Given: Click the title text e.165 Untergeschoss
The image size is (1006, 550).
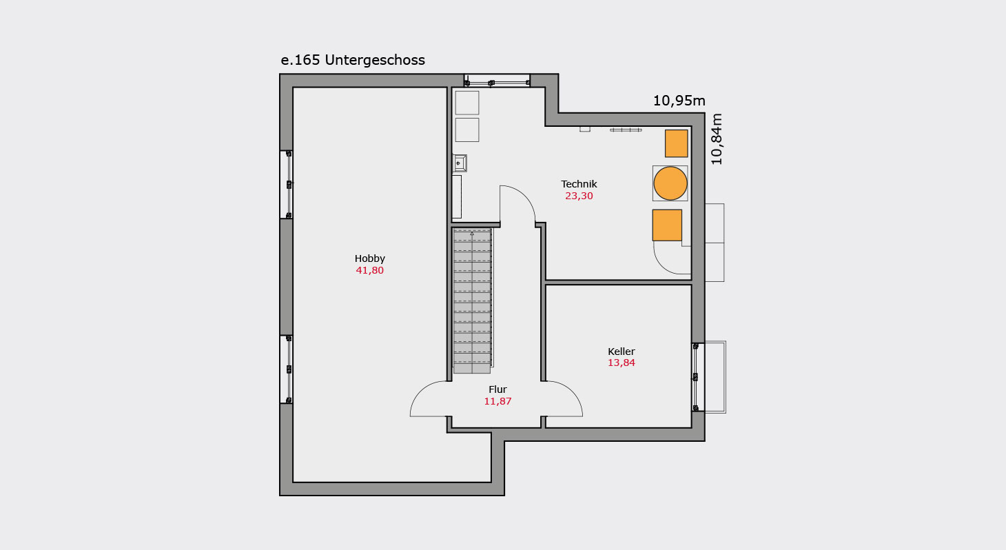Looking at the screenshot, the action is coord(353,60).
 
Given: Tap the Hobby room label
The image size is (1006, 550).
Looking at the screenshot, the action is coord(369,259).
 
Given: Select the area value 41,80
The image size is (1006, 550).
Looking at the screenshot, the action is coord(369,270).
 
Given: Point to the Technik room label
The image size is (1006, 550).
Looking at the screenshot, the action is coord(579,184).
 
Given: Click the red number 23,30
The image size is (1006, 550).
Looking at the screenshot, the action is coord(579,196).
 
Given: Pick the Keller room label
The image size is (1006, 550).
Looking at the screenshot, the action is coord(621,352).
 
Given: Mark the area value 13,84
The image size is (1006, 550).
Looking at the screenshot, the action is coord(621,363).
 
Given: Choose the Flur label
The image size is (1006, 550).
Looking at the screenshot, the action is coord(497,389).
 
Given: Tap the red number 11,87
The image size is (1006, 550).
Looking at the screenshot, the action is coord(497,401).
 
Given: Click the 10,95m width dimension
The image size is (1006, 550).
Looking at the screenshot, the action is coord(679,101).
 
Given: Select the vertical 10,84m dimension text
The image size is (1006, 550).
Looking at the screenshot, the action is coord(717,139).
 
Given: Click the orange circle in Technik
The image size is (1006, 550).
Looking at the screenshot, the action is coord(670,183).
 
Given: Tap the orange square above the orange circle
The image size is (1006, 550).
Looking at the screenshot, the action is coord(677,143).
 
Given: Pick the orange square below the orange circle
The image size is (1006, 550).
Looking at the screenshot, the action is coord(667,225).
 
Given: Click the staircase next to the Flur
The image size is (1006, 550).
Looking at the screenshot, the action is coord(473,301).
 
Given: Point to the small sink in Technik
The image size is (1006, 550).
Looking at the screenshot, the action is coord(460,163).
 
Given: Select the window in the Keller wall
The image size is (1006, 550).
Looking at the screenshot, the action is coord(696,377).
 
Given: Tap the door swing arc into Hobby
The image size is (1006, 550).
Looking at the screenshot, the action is coord(424,393).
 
